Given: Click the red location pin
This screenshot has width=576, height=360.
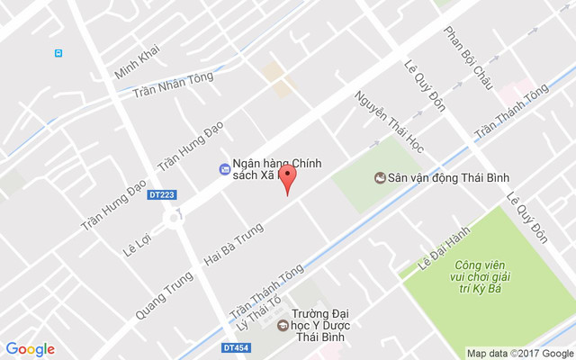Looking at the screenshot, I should [287, 177].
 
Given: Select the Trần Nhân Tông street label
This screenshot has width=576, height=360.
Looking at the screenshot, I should [174, 85].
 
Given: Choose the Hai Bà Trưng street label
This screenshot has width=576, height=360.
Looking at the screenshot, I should [232, 246].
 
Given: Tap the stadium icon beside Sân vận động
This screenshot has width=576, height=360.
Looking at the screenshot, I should [379, 177].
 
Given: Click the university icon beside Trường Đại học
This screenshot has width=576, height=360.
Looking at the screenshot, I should [283, 325].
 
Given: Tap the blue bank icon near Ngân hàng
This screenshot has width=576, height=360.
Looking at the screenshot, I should [223, 169].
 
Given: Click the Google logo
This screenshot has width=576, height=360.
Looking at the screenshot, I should [30, 349].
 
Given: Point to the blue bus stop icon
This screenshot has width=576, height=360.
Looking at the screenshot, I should [58, 53].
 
